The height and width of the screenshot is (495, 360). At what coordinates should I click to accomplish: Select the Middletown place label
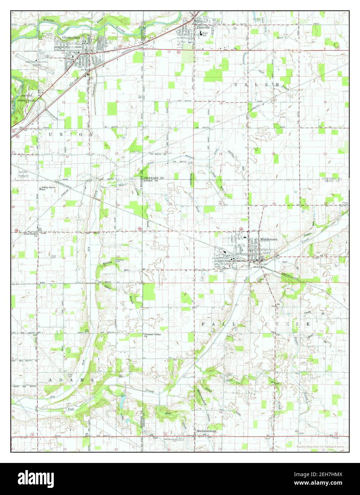(268, 240)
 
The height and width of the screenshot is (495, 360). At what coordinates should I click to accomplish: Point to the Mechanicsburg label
(207, 431)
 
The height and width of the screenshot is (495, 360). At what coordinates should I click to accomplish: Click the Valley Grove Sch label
(47, 188)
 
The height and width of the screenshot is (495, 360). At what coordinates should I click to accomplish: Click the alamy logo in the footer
(36, 478)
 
